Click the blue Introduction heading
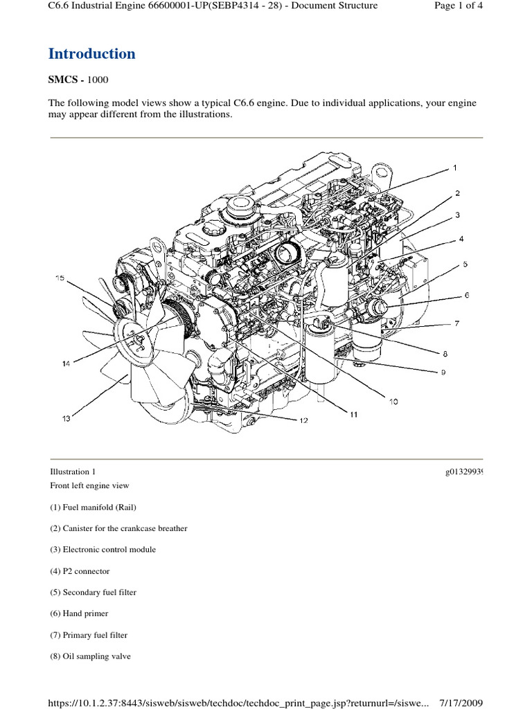click(x=91, y=54)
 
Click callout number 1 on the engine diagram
click(x=455, y=168)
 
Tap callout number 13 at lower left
click(x=66, y=418)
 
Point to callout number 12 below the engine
click(x=303, y=420)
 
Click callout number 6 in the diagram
click(x=466, y=295)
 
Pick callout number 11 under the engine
click(x=353, y=415)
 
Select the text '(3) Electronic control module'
click(x=102, y=550)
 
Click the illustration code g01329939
click(x=463, y=472)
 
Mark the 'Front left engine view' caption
click(x=89, y=485)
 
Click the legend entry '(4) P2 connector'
click(x=79, y=571)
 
